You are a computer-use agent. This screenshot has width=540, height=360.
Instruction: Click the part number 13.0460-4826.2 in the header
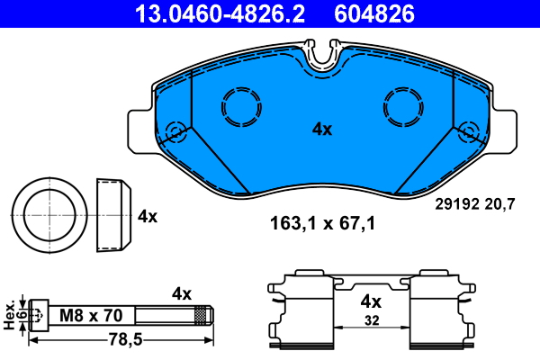(220, 13)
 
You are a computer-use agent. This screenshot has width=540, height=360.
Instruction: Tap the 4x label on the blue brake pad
(322, 130)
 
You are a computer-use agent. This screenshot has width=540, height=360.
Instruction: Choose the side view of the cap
(112, 217)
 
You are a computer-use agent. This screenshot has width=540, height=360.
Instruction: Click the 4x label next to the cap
(148, 217)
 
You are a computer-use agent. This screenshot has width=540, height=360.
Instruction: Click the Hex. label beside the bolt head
(10, 316)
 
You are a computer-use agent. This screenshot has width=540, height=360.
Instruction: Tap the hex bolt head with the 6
(37, 316)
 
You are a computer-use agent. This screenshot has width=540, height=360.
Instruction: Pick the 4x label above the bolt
(182, 293)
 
